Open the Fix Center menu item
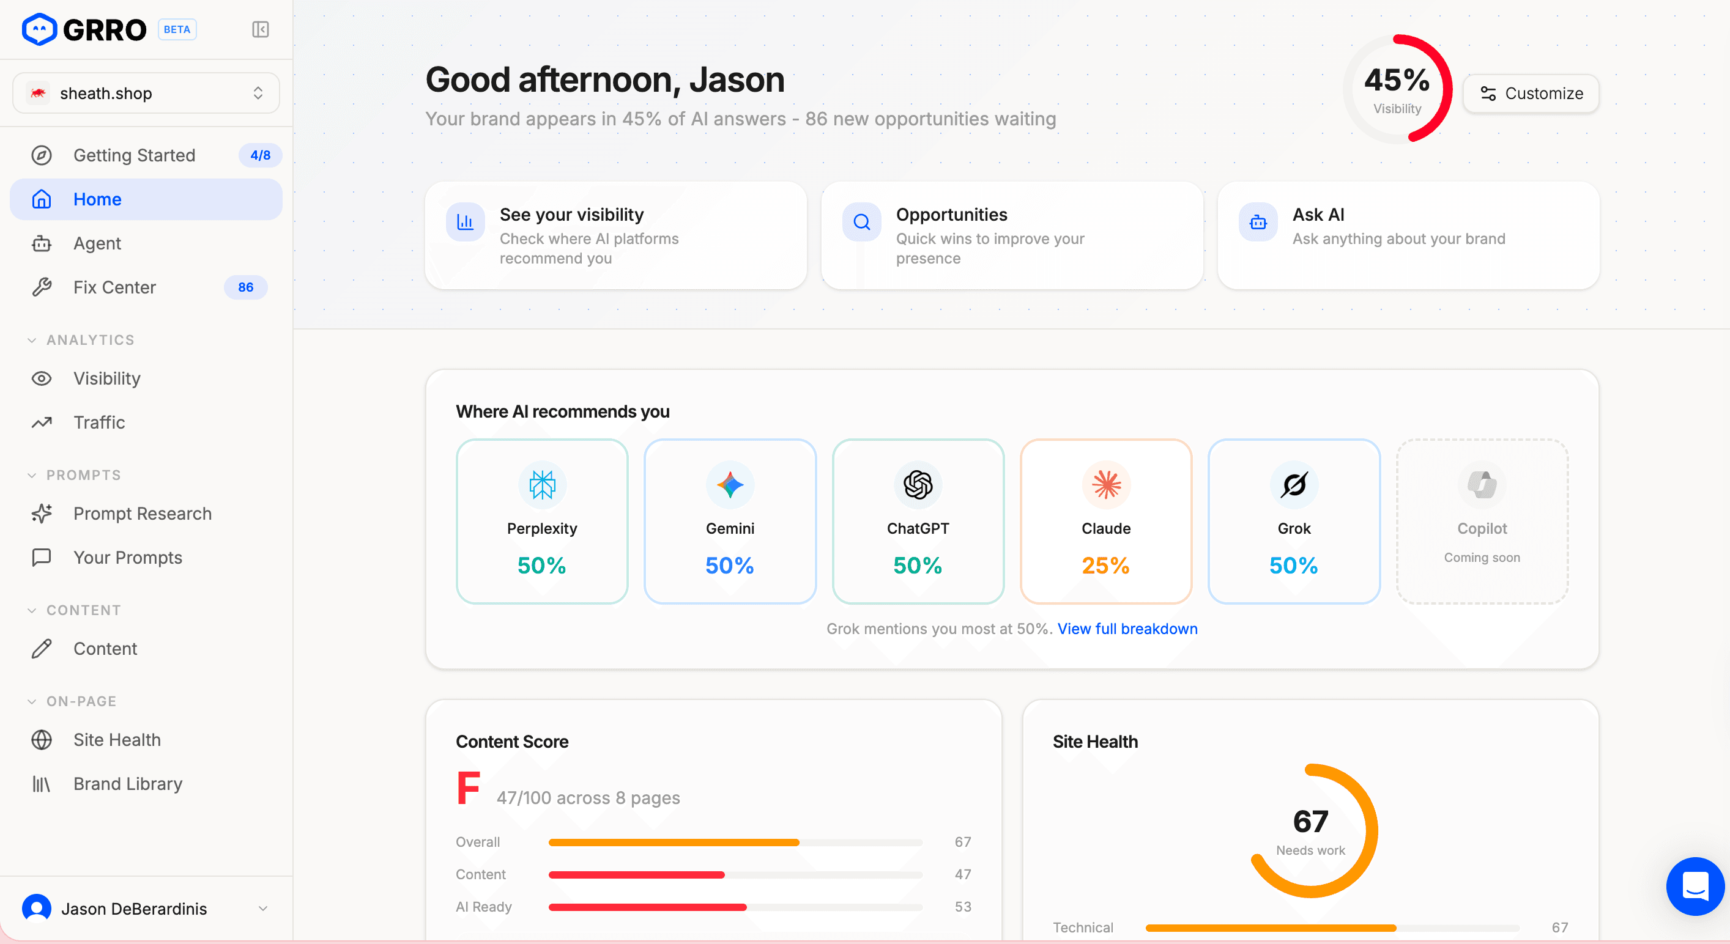click(114, 287)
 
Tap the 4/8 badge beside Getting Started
click(260, 155)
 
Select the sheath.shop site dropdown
click(146, 94)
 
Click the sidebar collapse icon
click(261, 29)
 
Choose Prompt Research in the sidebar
click(142, 514)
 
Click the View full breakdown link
click(1127, 629)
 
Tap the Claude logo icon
click(1106, 484)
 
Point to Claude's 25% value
click(1105, 566)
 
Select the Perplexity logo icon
click(542, 484)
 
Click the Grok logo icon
click(1293, 484)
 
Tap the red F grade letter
click(468, 788)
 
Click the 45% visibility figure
click(1397, 81)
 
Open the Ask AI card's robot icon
click(1258, 221)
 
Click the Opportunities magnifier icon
click(862, 221)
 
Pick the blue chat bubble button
click(1695, 887)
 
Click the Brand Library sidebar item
click(128, 784)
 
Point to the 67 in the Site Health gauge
click(1310, 821)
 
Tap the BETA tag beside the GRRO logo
click(177, 29)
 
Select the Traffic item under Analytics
click(98, 422)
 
